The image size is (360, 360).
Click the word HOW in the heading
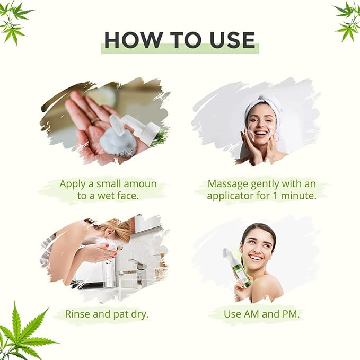pyautogui.click(x=133, y=40)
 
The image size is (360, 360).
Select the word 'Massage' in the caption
pyautogui.click(x=228, y=184)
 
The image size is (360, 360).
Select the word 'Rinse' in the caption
pyautogui.click(x=77, y=314)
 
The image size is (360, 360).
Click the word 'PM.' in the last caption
pyautogui.click(x=291, y=314)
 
